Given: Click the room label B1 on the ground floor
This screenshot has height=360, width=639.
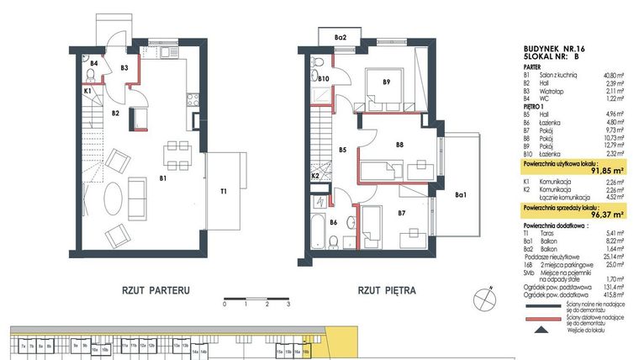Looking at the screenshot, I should tap(165, 178).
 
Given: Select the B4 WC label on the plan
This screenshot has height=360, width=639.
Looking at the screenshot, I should tap(94, 64).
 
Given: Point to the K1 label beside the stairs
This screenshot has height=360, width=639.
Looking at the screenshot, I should tap(87, 91).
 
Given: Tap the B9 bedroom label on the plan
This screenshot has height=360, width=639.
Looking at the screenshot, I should tap(386, 82).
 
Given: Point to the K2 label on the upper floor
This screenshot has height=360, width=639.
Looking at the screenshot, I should tap(315, 176).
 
